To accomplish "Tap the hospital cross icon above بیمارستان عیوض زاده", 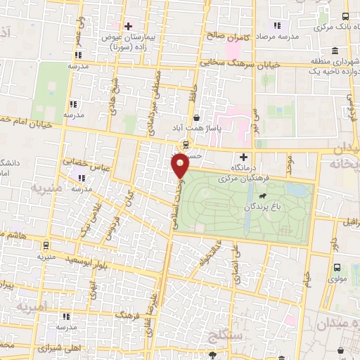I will tap(127, 27).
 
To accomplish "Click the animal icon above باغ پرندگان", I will tap(262, 196).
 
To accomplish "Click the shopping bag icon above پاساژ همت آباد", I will tap(196, 118).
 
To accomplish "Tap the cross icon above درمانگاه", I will tap(244, 157).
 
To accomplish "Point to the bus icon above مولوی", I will tap(337, 267).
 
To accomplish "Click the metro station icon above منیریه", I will tap(46, 246).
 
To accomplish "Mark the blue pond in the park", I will tap(302, 190).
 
